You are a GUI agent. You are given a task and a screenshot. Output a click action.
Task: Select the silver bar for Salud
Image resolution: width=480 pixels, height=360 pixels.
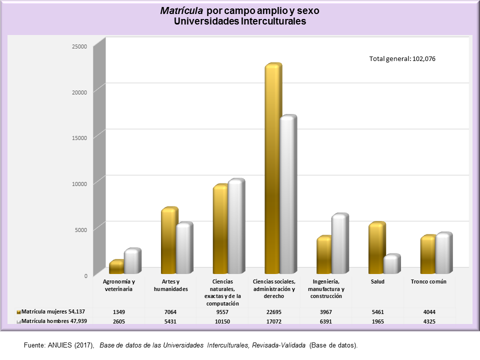click(x=391, y=264)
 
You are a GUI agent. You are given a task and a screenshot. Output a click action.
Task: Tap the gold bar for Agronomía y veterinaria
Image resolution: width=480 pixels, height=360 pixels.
click(x=116, y=267)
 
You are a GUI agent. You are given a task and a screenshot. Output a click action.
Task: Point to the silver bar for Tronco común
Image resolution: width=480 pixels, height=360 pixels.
click(x=443, y=253)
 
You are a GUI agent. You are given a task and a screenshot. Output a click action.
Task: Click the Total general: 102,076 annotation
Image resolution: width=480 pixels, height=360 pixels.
click(x=402, y=58)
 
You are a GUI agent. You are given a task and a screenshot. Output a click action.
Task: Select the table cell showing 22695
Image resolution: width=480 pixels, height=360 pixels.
click(x=274, y=312)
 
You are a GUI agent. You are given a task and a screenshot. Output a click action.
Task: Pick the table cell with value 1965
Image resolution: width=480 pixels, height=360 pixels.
click(x=378, y=321)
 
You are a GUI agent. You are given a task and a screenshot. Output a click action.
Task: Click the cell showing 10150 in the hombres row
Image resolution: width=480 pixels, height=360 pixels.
click(x=222, y=321)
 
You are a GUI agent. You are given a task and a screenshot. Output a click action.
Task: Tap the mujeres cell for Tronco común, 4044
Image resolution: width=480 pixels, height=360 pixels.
click(x=429, y=312)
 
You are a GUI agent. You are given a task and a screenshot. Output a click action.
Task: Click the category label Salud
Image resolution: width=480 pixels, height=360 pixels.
click(x=378, y=281)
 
